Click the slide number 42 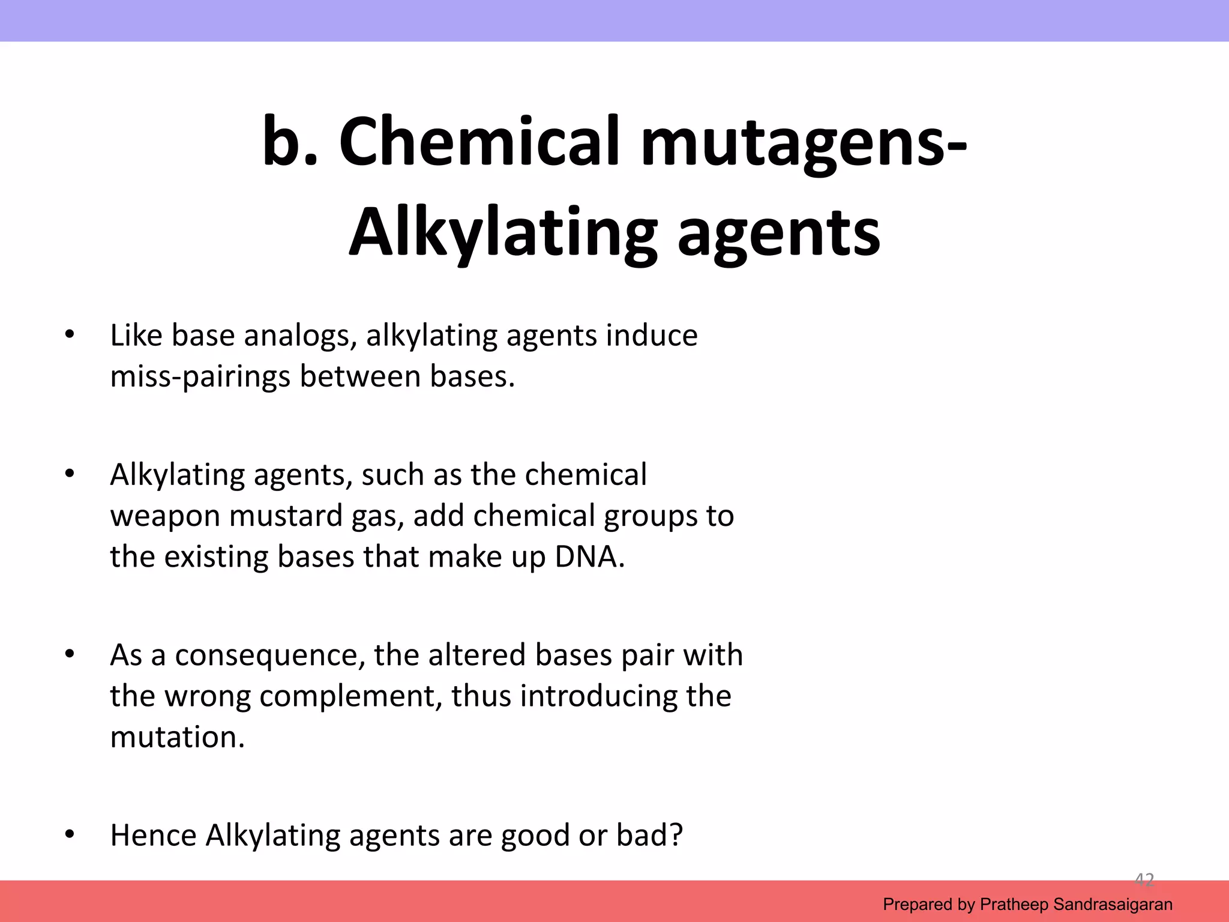point(1144,880)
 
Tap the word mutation point(178,737)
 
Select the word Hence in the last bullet point(153,835)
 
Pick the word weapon point(165,516)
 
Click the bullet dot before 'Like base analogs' point(70,334)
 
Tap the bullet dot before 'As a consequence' point(70,654)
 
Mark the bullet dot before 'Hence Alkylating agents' point(70,834)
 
